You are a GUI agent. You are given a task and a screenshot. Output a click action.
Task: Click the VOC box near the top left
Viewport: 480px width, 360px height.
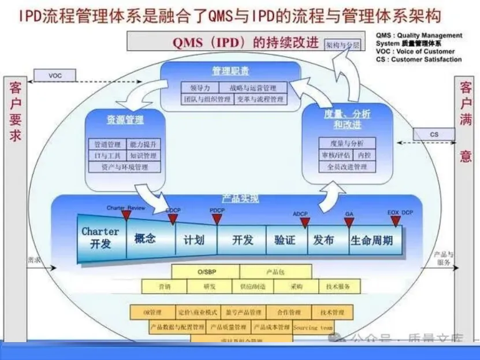[x=55, y=76]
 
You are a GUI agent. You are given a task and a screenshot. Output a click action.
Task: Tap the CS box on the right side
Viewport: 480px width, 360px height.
[x=434, y=135]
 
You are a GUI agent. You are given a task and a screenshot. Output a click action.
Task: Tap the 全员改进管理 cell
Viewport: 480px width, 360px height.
[x=347, y=167]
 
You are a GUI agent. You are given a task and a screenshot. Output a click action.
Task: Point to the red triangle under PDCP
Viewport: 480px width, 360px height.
[x=217, y=220]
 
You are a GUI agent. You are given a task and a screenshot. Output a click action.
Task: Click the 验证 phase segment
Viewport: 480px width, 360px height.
[x=285, y=239]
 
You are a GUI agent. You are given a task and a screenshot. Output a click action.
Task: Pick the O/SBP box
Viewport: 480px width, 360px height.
[x=206, y=271]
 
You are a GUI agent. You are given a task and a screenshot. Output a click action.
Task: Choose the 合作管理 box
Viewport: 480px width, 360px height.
[x=286, y=312]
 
